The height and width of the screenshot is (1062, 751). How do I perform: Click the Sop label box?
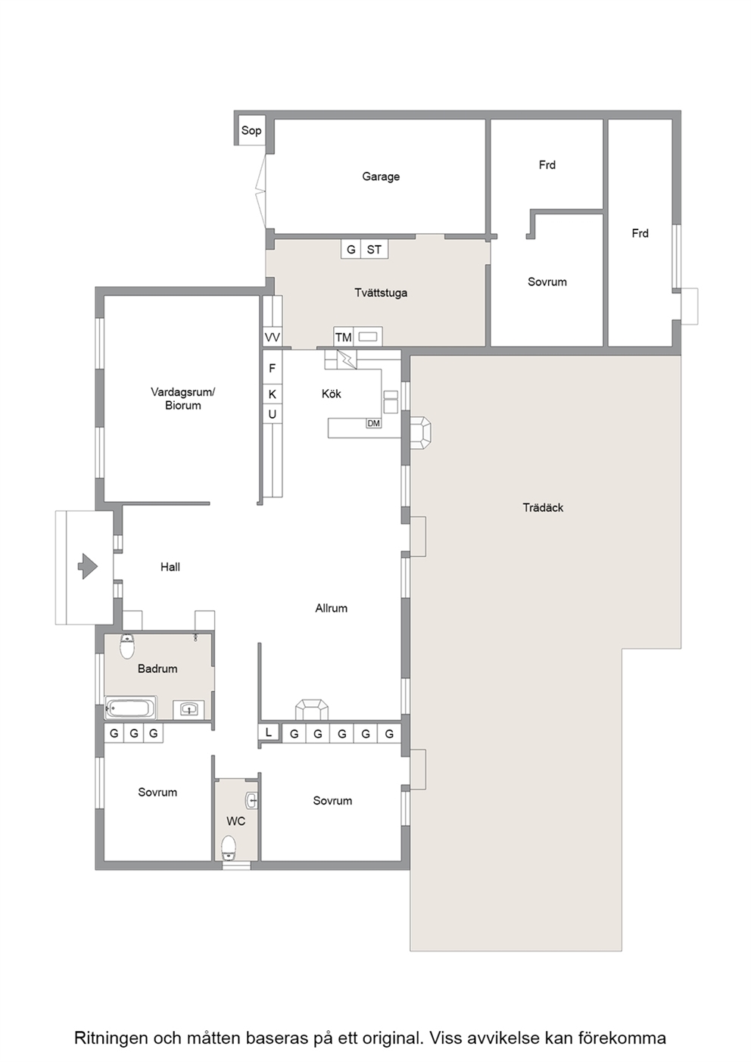[251, 130]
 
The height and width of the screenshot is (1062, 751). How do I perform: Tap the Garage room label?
[381, 176]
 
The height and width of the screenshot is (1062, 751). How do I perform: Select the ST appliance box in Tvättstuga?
[375, 249]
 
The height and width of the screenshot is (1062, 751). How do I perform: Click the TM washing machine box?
[344, 337]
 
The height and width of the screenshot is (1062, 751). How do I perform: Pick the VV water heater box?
[273, 337]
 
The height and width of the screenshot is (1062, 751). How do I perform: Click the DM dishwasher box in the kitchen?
[373, 423]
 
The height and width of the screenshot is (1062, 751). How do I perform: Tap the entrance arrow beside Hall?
[88, 566]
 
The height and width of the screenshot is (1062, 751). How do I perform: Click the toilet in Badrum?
[127, 646]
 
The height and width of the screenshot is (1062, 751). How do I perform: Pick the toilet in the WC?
[229, 848]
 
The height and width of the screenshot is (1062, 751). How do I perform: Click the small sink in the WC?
[251, 801]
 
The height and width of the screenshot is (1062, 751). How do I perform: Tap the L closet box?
[269, 733]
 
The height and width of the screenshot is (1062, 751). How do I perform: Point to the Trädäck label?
[543, 508]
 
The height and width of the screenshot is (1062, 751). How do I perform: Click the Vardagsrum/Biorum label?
[183, 399]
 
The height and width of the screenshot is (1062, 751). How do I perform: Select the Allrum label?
[332, 609]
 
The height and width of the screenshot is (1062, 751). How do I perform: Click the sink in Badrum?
[189, 710]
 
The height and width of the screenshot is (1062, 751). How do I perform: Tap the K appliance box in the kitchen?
[273, 394]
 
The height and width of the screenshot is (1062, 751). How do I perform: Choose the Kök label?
[332, 394]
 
